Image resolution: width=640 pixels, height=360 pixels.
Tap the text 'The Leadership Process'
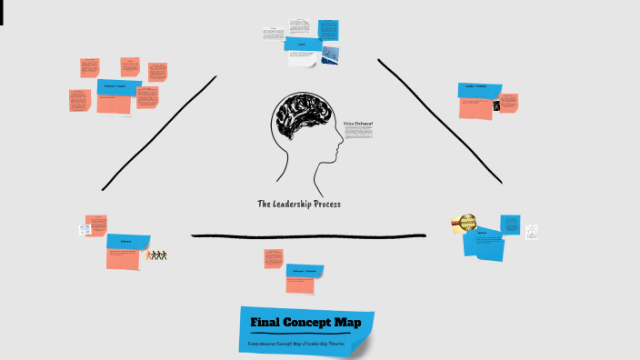(x=298, y=204)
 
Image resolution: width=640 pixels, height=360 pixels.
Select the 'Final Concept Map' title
(x=305, y=322)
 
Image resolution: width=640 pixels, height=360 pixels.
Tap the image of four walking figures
(x=158, y=255)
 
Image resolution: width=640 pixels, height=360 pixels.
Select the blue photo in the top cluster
(x=330, y=55)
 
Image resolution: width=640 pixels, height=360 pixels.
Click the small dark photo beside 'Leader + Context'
(x=496, y=105)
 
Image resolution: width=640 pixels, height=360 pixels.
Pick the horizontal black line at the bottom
(x=308, y=236)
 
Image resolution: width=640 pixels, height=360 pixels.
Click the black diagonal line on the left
(x=159, y=133)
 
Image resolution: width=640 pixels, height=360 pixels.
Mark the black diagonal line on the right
(x=440, y=122)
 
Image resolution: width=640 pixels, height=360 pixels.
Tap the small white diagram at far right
(x=531, y=232)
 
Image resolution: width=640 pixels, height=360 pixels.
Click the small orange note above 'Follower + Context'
(x=273, y=258)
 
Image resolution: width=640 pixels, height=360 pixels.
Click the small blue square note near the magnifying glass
(x=510, y=225)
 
